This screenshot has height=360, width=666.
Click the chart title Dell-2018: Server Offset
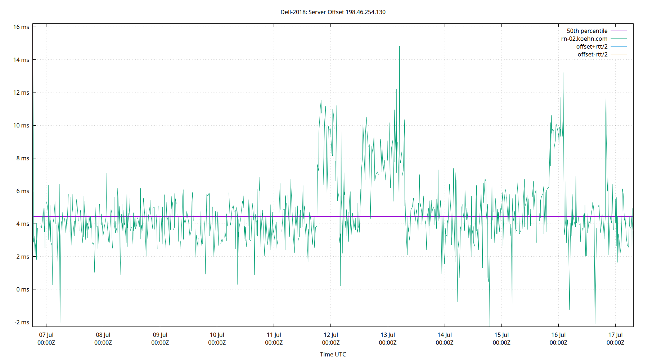pos(333,12)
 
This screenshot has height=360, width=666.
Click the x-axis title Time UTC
pos(333,354)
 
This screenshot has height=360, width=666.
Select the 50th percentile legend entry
pos(587,31)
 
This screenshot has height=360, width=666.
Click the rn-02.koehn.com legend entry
pos(584,39)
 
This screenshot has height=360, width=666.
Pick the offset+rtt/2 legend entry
pos(591,47)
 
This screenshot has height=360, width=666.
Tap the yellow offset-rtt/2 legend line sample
pos(618,54)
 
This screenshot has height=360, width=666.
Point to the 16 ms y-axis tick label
pos(21,27)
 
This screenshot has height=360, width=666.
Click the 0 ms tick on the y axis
pos(23,289)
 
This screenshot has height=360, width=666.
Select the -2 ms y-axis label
pos(22,322)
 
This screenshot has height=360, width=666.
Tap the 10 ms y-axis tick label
pos(21,125)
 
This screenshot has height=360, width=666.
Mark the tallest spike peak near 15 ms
pos(399,47)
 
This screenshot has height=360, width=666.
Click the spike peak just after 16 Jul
pos(563,73)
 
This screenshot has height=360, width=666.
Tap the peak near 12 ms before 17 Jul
pos(606,98)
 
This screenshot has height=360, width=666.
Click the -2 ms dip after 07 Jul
pos(60,321)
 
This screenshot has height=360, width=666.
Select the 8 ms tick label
pos(23,158)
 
